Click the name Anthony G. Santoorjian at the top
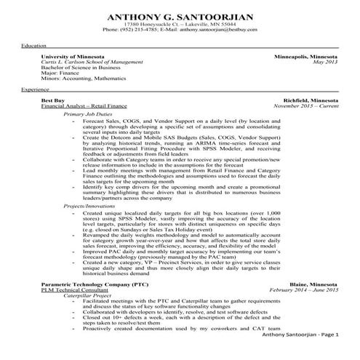[x=180, y=17]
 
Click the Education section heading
[x=33, y=46]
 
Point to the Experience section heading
[x=36, y=89]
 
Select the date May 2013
[x=325, y=62]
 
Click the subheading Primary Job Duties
[x=87, y=114]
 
